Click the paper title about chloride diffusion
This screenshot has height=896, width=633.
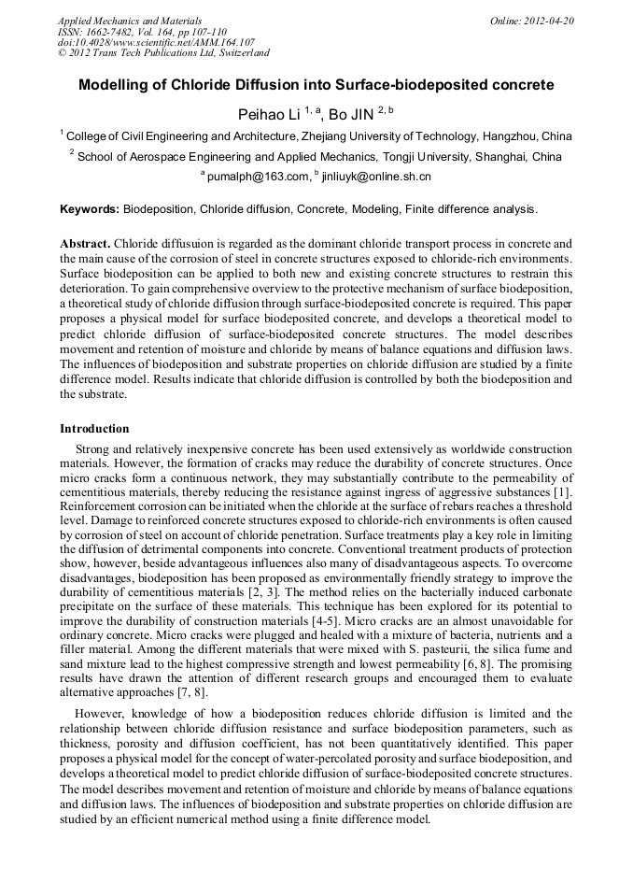pyautogui.click(x=316, y=85)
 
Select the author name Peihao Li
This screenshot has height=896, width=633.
pyautogui.click(x=269, y=115)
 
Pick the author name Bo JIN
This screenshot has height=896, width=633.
pyautogui.click(x=351, y=115)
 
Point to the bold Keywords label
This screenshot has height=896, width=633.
pyautogui.click(x=90, y=209)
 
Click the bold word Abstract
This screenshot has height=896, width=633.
pyautogui.click(x=86, y=243)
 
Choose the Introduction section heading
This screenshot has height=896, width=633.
pyautogui.click(x=94, y=429)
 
